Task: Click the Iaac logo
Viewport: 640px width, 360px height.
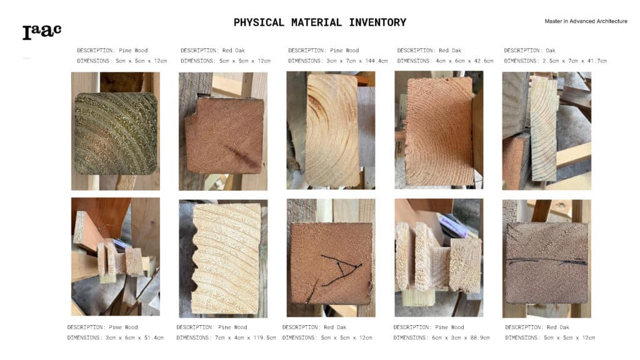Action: [x=42, y=32]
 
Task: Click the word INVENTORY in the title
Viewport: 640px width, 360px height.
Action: [x=377, y=22]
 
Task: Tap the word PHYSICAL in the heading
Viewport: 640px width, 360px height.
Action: [x=259, y=22]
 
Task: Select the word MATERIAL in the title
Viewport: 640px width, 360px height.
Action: [x=316, y=22]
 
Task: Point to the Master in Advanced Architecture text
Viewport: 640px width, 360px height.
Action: [x=586, y=21]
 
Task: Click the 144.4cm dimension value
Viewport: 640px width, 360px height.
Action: [x=376, y=61]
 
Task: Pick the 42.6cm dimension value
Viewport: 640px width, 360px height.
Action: [x=484, y=61]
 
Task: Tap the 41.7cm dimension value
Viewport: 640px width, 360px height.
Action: [x=597, y=61]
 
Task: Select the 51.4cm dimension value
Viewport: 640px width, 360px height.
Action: [x=154, y=337]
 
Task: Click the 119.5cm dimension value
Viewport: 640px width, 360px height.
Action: [x=264, y=337]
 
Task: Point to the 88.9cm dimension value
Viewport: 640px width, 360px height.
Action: [x=479, y=337]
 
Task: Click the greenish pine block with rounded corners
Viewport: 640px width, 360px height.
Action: [x=116, y=134]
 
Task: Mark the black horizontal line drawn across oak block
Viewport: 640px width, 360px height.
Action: [x=546, y=261]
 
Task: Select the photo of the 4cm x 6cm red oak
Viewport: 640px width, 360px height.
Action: [x=439, y=130]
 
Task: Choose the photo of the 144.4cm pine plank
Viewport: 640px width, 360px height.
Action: [x=331, y=131]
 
